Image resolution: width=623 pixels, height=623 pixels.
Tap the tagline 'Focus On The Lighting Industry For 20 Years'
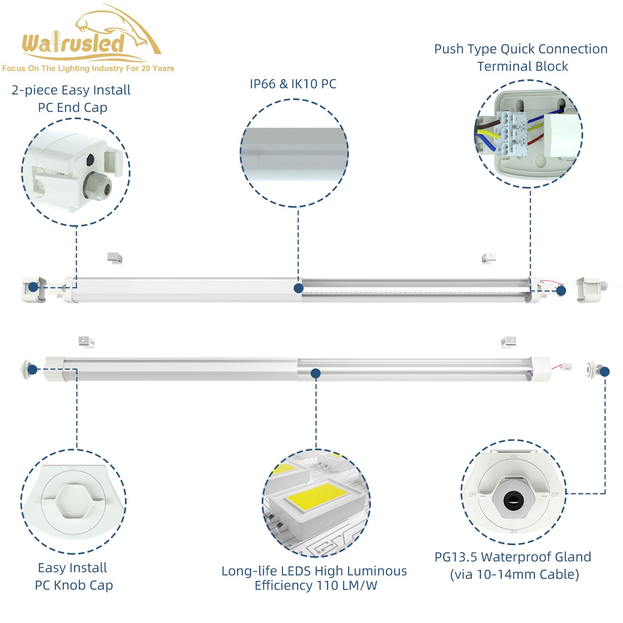coord(88,69)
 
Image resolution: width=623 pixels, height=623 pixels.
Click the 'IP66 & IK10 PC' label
coord(293,84)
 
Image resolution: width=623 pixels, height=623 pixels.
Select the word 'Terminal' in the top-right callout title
coord(500,67)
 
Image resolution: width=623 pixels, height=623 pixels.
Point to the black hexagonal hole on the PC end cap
coord(90,160)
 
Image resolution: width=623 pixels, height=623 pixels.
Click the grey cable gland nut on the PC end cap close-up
coord(97,187)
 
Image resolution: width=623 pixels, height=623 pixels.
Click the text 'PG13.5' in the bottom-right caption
coord(456,557)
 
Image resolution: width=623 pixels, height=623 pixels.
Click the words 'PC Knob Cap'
coord(74,585)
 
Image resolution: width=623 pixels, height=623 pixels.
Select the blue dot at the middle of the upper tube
coord(298,288)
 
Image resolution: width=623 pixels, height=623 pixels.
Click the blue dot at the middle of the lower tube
coord(316,373)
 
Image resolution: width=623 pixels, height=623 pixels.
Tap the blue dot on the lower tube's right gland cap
coord(604,372)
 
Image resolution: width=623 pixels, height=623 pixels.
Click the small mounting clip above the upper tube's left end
coord(115,258)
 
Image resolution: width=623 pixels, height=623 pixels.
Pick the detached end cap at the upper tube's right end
coord(589,290)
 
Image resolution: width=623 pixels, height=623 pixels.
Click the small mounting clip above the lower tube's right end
coord(509,342)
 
